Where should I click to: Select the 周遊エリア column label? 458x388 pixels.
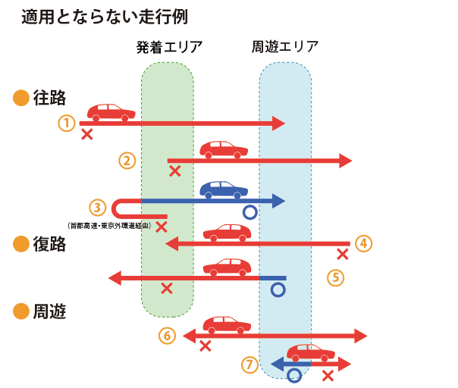284,47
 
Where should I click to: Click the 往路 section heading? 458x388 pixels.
50,98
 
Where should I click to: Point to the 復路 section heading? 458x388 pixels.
50,243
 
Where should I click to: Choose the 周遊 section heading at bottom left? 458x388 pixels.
50,311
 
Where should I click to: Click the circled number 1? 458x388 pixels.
67,122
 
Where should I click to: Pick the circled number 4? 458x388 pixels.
364,243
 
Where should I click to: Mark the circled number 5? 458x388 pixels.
336,277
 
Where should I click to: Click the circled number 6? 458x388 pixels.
168,335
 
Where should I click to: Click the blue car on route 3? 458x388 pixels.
224,189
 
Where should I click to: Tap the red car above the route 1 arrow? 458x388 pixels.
111,112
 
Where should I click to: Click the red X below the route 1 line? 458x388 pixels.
87,134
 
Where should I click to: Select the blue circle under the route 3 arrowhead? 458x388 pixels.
250,212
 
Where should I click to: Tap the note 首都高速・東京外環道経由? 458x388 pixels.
111,225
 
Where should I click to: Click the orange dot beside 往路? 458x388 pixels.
21,98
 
